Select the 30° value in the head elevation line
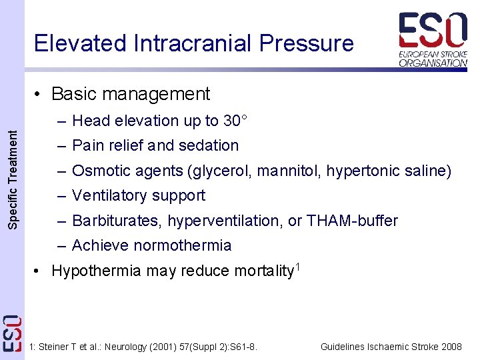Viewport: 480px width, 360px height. [235, 121]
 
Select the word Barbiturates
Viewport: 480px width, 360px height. [116, 221]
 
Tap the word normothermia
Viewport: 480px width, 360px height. [183, 245]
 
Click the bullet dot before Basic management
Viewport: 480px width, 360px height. [41, 95]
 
